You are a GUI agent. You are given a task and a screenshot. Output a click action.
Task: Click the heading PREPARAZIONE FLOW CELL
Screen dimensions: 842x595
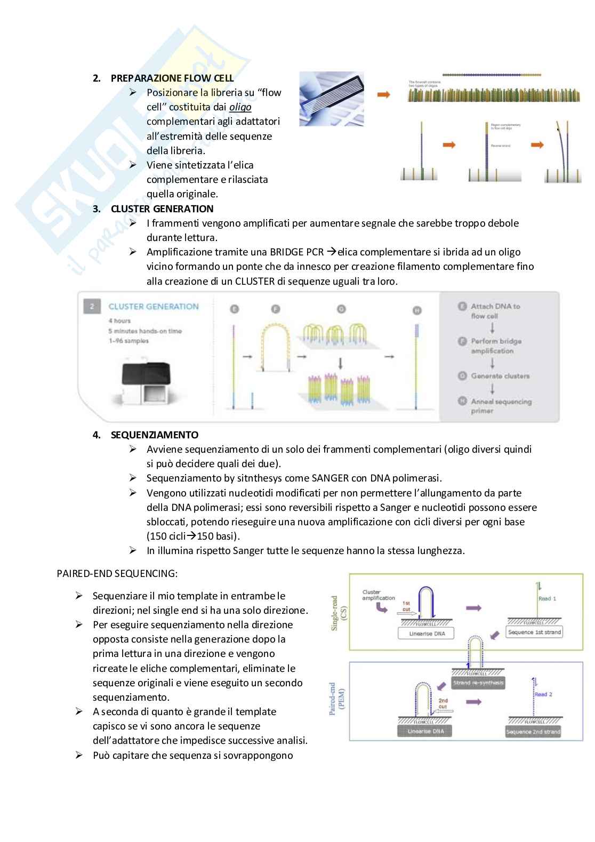pos(172,78)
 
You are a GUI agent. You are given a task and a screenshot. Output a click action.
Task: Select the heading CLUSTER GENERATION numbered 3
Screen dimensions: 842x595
pos(162,209)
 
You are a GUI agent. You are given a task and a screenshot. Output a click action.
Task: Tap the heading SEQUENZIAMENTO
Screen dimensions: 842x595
pos(154,435)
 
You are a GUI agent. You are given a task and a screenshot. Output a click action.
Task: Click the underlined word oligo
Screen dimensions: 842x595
pos(240,107)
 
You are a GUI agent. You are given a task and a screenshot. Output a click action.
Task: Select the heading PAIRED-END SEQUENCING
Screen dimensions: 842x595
pos(117,574)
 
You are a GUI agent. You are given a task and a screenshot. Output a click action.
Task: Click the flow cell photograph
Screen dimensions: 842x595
pos(331,99)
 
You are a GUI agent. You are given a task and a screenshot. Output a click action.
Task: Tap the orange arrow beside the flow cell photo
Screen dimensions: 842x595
pos(384,95)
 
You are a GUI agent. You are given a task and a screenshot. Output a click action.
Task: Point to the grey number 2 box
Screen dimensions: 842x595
pos(92,307)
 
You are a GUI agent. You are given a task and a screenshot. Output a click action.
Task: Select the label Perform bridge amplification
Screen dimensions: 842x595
pos(496,346)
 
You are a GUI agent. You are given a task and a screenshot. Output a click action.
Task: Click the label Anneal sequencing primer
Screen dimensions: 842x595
pos(501,406)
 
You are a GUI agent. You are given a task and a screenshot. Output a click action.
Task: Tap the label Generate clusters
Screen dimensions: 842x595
pos(500,376)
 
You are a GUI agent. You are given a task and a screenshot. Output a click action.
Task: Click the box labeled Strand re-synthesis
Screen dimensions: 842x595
pos(478,683)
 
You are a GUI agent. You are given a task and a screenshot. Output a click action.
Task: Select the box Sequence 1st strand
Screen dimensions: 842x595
pos(534,632)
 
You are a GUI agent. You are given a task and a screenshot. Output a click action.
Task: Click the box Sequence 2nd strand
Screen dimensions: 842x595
pos(533,732)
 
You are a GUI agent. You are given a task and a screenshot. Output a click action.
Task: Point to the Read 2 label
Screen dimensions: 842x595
pos(543,694)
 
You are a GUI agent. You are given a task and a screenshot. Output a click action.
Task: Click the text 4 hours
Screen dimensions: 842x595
pos(119,321)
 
